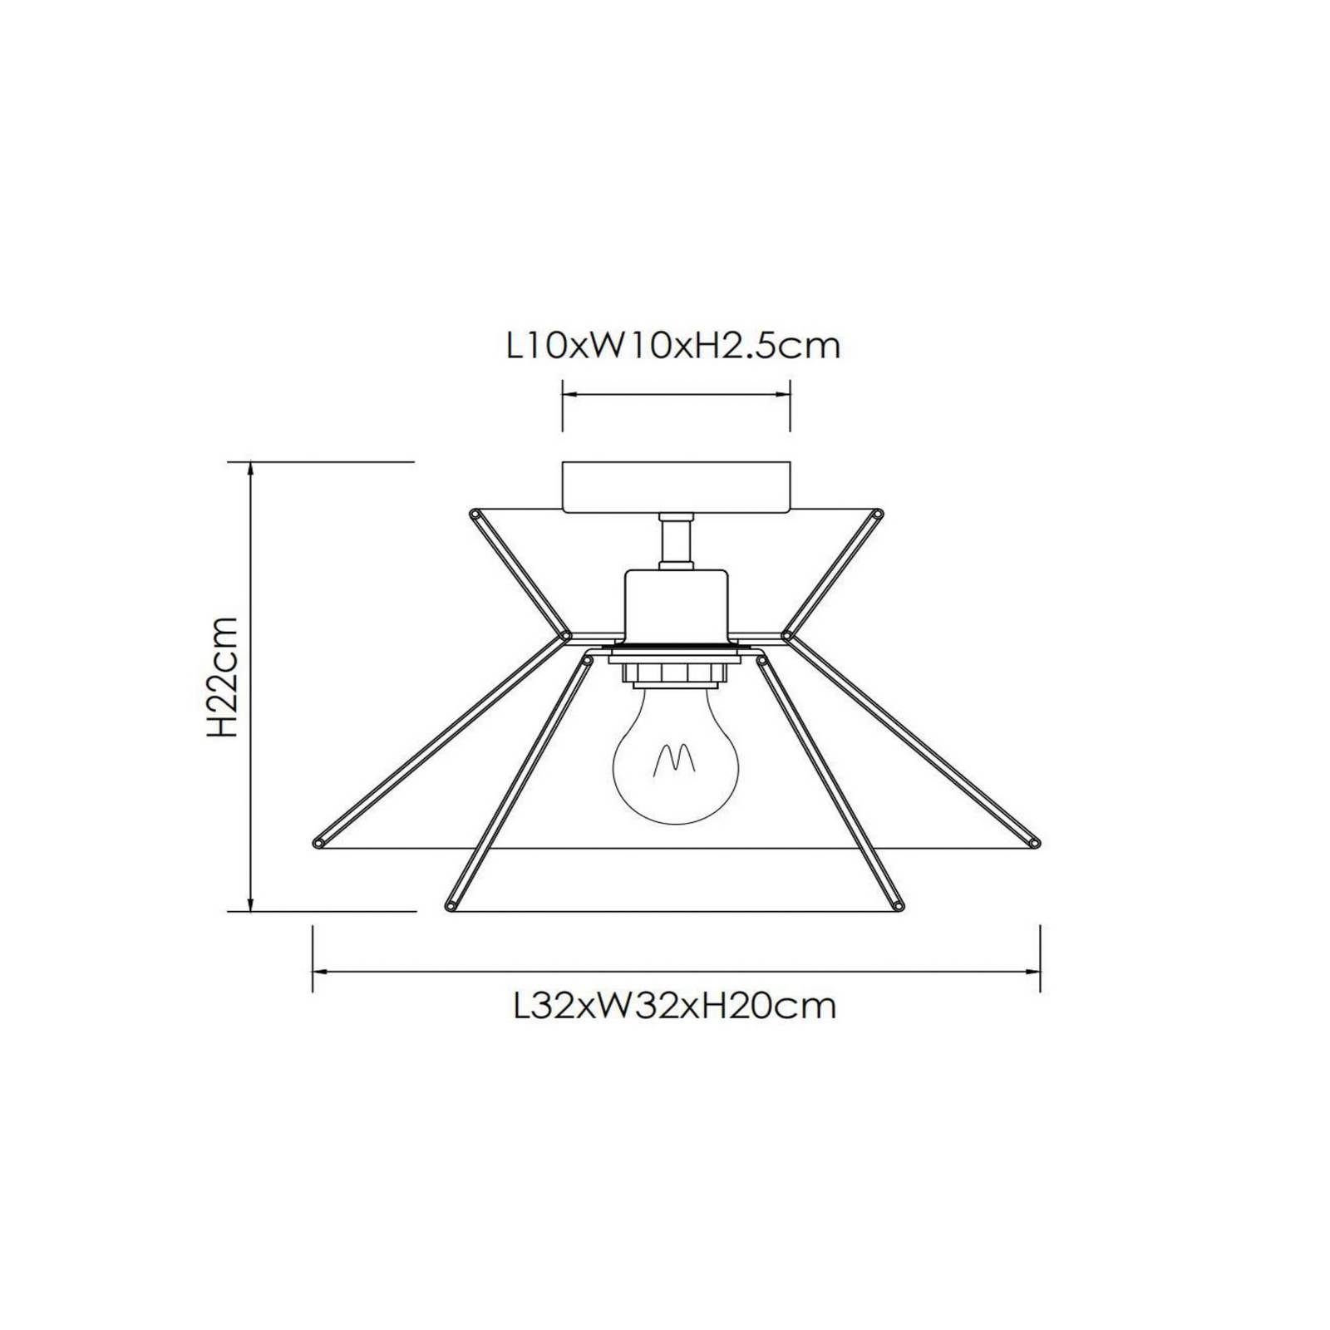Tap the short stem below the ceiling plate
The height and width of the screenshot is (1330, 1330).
coord(676,541)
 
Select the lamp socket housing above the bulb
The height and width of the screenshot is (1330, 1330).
coord(676,606)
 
